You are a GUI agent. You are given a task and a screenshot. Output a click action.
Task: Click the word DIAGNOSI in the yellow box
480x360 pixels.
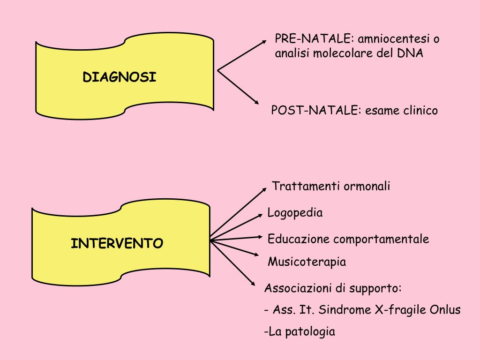click(120, 77)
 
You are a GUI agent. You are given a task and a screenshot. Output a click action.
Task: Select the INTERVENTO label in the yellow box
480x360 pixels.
click(117, 244)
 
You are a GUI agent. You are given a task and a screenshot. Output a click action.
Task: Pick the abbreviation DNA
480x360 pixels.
click(410, 53)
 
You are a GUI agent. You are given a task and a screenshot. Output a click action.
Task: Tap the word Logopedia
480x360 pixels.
click(295, 213)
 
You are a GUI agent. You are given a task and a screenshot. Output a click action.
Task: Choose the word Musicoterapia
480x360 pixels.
click(307, 262)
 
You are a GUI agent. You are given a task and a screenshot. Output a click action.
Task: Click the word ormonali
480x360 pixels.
click(367, 186)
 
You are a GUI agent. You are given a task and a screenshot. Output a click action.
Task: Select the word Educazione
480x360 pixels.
click(298, 239)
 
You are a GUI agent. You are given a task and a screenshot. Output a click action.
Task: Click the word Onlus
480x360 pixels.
click(445, 310)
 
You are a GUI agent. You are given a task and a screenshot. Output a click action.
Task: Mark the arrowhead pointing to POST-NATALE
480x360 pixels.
click(256, 102)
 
